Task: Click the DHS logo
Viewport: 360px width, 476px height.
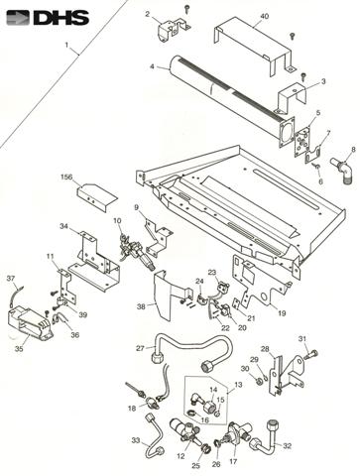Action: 48,18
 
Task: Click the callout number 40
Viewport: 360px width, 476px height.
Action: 264,16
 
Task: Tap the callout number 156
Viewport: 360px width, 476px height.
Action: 66,178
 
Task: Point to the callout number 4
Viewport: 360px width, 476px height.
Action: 152,66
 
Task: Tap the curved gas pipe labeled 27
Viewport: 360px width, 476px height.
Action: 192,350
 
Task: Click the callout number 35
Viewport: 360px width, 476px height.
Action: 19,348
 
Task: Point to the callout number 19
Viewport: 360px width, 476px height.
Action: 282,313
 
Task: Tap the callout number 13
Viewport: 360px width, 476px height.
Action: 238,385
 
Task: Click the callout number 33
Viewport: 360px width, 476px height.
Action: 136,440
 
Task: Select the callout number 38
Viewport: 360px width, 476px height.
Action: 141,306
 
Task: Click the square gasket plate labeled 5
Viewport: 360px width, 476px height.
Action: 304,143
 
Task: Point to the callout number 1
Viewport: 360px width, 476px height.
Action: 66,45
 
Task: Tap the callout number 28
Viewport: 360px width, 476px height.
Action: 264,349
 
